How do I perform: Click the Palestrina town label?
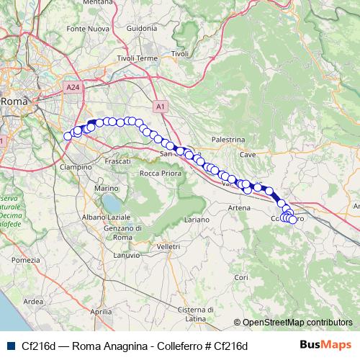[228, 139]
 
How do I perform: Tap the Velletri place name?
[168, 246]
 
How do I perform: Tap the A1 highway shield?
[161, 107]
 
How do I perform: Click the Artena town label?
[238, 207]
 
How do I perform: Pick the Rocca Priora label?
[159, 174]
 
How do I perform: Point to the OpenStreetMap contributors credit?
[297, 322]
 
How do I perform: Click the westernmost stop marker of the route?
[68, 136]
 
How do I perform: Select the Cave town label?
[248, 154]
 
